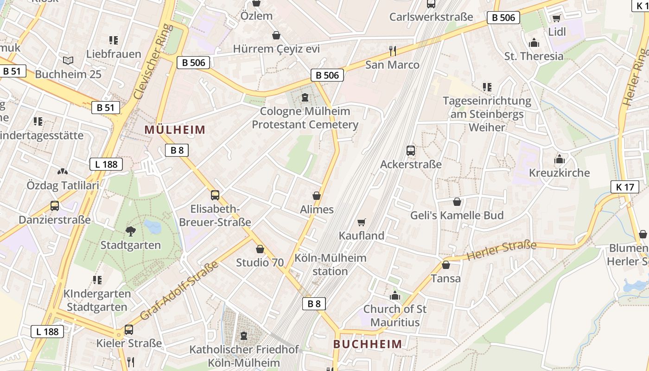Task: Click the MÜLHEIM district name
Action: [x=175, y=129]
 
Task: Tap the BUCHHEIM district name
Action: [x=368, y=344]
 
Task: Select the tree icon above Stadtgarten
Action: [x=131, y=230]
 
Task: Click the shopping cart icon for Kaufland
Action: [x=362, y=223]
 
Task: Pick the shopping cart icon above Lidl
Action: [x=556, y=19]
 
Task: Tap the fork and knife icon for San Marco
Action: [x=393, y=50]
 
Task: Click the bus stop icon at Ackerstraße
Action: [x=411, y=150]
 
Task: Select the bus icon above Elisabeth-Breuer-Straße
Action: [x=215, y=195]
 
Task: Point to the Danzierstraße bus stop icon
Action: [x=55, y=206]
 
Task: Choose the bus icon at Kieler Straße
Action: [x=129, y=330]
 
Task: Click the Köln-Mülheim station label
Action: [x=330, y=264]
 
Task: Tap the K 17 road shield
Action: [x=624, y=187]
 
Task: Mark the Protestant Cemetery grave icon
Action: [x=305, y=97]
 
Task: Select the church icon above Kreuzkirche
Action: [x=560, y=160]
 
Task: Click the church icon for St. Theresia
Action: [x=534, y=43]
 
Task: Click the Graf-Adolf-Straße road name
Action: [x=179, y=291]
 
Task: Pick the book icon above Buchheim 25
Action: [x=68, y=60]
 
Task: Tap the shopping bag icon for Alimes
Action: [x=317, y=196]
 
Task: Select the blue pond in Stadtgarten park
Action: [x=153, y=227]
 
